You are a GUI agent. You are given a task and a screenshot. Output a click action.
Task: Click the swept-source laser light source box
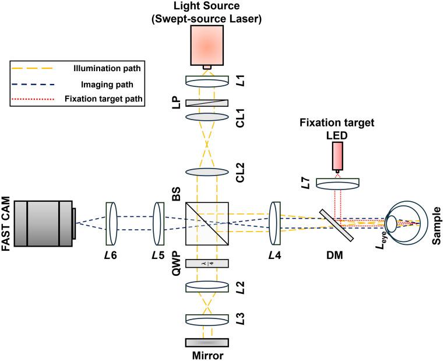207,46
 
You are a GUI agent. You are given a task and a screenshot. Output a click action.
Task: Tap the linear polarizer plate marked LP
207,103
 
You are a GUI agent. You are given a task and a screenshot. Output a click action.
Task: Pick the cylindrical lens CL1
207,117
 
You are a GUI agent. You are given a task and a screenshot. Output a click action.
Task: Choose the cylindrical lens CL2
207,172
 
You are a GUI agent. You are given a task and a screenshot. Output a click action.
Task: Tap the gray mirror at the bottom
207,342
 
